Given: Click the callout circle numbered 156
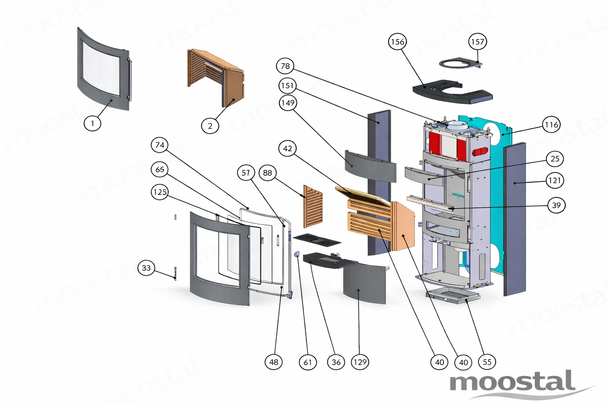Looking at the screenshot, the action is pos(397,42).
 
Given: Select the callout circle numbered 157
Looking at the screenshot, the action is pos(477,42).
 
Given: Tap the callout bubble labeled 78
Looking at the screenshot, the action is pos(285,66).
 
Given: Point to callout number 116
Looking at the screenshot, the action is pos(551,125).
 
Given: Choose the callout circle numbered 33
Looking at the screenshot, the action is pos(146,268).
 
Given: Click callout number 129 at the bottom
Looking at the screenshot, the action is pos(360,362).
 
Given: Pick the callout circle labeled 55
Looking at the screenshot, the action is pos(487,362).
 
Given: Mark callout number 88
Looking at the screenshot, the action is pos(267,172).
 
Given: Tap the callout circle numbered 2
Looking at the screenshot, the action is pos(210,126).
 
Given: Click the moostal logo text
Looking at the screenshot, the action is pos(512,380).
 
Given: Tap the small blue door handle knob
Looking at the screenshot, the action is pos(297,254).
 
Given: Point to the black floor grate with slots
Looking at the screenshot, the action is pos(317,240).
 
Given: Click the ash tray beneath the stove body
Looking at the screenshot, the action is pos(453,296).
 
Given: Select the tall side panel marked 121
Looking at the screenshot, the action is pos(515,219).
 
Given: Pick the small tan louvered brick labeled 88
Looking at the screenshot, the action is pos(313,206).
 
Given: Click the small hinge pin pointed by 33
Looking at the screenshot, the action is pos(175,273).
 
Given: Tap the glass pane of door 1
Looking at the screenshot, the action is pos(101,69).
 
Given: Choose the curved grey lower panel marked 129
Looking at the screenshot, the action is pos(365,283).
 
